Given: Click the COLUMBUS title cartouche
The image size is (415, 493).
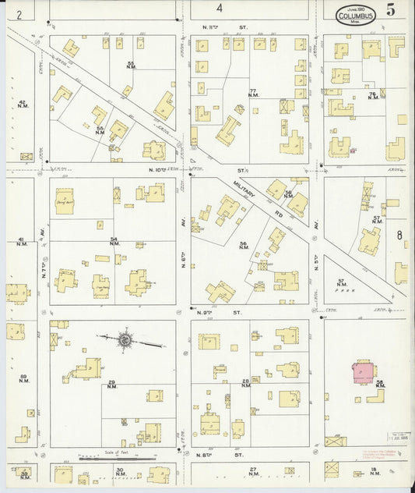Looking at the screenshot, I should coord(357,15).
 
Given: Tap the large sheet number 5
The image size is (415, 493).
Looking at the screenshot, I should coord(389,9).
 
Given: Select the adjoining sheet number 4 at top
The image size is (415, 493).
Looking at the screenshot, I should coord(220,9).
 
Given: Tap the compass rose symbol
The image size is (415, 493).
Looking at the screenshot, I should coord(125,340).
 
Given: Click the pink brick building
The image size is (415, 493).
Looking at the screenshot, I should coord(364,371).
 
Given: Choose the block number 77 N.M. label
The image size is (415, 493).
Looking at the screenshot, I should coord(253,94).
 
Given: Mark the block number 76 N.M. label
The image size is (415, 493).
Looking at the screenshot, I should coord(373,95).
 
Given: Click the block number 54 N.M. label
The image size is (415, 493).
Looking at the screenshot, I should coord(114,242).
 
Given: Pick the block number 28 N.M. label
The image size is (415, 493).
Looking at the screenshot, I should coord(245,382).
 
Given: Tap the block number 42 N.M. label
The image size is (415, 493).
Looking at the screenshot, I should coord(23,104).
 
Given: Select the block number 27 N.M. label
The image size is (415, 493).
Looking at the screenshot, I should coord(253,470).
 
